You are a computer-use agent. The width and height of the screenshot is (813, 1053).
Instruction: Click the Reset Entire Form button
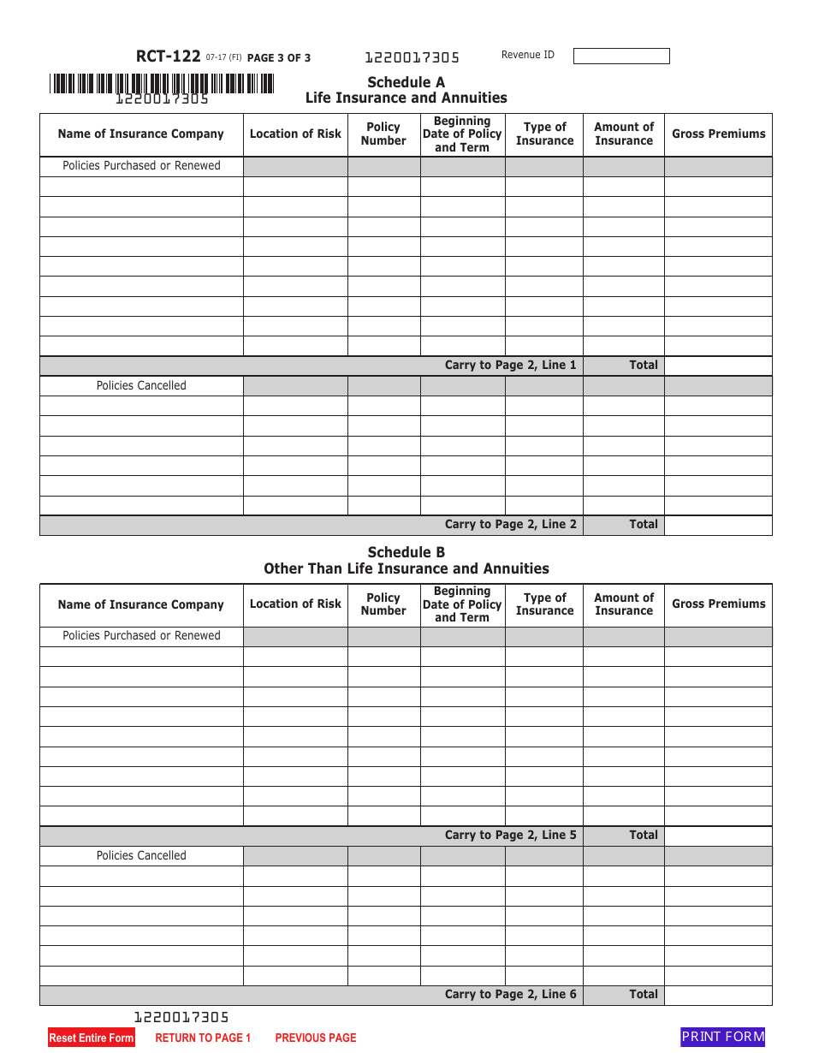click(92, 1038)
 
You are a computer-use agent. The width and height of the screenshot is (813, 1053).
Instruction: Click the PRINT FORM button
click(722, 1037)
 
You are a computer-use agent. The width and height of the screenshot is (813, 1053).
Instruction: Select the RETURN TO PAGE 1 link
click(203, 1038)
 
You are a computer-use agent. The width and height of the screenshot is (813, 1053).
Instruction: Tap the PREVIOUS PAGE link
click(315, 1038)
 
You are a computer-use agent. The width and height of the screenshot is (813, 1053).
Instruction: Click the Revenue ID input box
click(620, 56)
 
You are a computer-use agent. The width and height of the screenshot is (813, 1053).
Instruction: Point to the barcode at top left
click(162, 83)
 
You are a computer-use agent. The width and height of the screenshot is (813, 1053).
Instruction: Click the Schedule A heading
click(406, 82)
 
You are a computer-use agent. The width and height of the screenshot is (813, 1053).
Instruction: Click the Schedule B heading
click(406, 552)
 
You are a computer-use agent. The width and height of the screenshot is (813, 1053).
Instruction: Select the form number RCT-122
click(168, 57)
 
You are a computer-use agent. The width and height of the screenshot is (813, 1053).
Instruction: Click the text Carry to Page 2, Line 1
click(510, 365)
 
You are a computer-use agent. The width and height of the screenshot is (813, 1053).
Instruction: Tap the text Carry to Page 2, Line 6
click(510, 994)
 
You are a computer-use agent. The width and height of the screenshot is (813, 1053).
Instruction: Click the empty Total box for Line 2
click(717, 525)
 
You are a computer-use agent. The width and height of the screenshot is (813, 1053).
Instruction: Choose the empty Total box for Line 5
click(717, 836)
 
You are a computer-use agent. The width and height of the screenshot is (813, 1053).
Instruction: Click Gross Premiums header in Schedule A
click(718, 134)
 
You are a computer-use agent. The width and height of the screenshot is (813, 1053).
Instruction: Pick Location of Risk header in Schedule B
click(295, 604)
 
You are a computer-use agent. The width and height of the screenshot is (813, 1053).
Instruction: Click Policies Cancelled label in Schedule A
click(141, 385)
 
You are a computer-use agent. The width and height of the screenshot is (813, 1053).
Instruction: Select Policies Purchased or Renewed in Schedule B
click(141, 635)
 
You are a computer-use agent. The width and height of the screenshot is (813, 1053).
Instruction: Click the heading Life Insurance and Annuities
click(406, 98)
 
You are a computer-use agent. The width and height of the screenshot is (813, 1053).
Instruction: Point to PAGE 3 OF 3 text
click(279, 58)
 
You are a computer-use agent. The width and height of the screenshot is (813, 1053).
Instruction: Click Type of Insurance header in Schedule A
click(544, 134)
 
